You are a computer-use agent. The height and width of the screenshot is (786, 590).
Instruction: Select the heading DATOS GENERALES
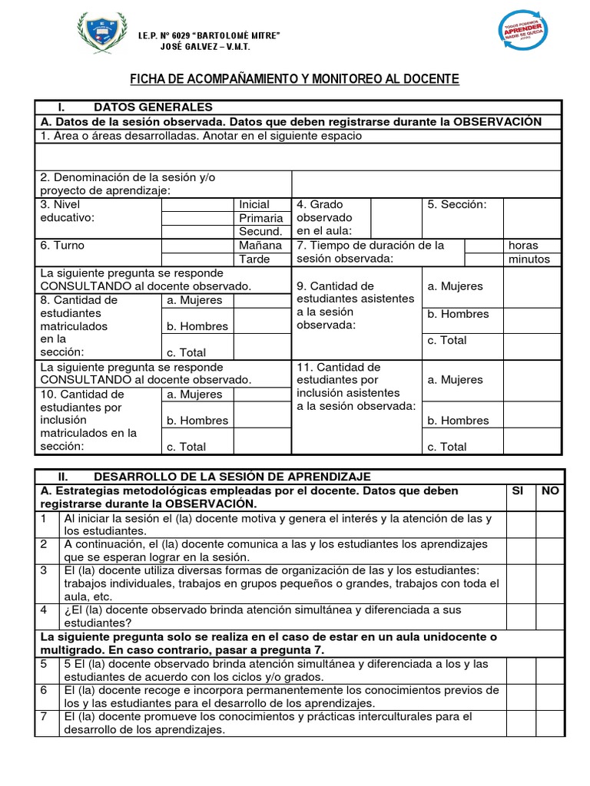(x=153, y=107)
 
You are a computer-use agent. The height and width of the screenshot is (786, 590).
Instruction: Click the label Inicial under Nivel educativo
(x=254, y=204)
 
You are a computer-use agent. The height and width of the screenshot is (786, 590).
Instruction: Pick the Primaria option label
(x=261, y=218)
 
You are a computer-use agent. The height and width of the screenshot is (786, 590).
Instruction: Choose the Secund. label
(x=260, y=232)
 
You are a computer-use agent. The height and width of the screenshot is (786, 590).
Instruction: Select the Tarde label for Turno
(x=254, y=259)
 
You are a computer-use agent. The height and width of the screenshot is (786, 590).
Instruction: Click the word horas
(x=523, y=246)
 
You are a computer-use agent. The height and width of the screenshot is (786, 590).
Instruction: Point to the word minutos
(x=529, y=259)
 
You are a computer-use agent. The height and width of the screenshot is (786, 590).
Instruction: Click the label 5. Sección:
(x=457, y=204)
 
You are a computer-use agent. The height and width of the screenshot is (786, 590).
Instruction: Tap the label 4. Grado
(x=320, y=204)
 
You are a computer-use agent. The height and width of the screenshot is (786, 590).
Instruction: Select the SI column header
(x=518, y=490)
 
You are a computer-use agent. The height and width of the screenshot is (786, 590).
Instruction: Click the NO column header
(x=550, y=490)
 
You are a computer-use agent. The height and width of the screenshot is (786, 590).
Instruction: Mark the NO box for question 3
(x=550, y=583)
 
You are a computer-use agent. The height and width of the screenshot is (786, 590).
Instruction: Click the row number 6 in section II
(x=45, y=690)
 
